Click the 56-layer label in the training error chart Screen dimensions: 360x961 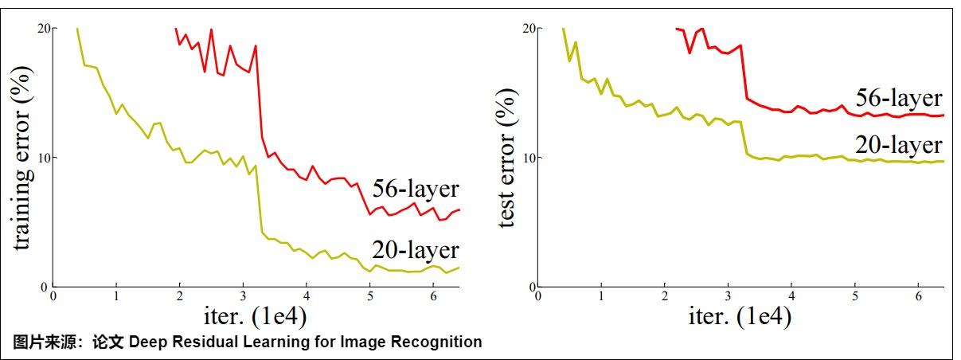pos(416,190)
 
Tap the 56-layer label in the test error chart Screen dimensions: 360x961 pos(899,99)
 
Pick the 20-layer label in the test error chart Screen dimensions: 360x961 pos(899,146)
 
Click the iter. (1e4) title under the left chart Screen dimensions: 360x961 pos(243,316)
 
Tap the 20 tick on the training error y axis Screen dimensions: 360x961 pos(45,29)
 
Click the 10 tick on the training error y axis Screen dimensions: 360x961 pos(45,158)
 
